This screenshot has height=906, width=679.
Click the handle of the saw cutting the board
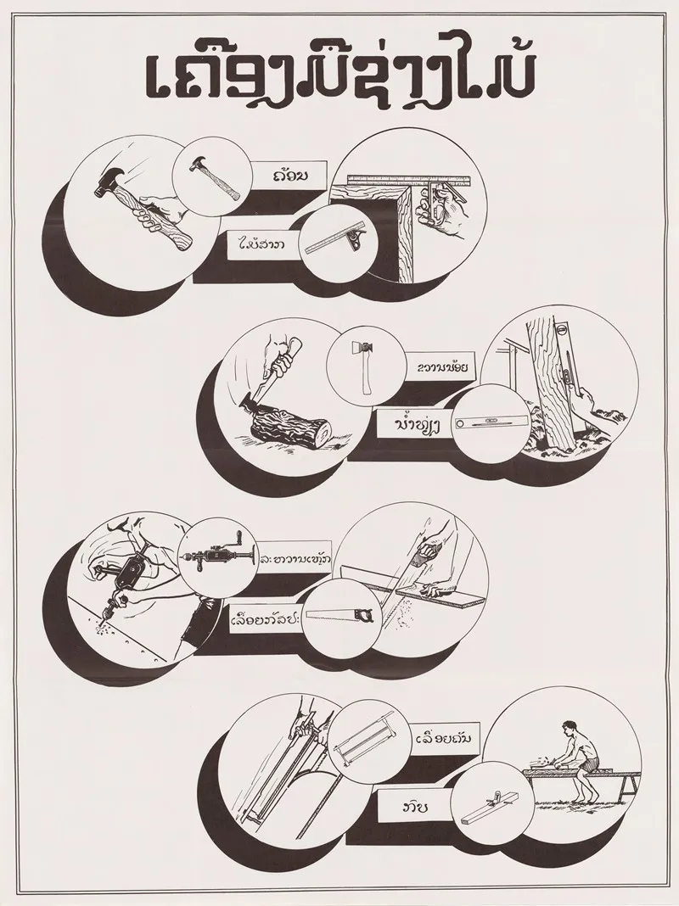tap(423, 560)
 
